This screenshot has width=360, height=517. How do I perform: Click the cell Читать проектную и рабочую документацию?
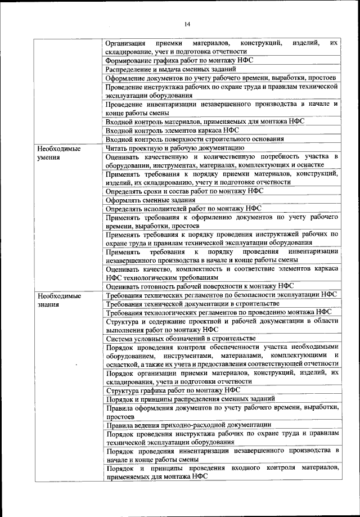(176, 148)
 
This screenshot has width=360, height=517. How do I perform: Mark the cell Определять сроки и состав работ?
(183, 191)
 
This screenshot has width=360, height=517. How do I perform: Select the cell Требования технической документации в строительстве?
(193, 304)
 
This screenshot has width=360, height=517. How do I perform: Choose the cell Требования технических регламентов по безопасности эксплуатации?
(220, 295)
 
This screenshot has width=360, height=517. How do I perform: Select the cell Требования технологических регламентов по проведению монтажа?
(218, 312)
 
